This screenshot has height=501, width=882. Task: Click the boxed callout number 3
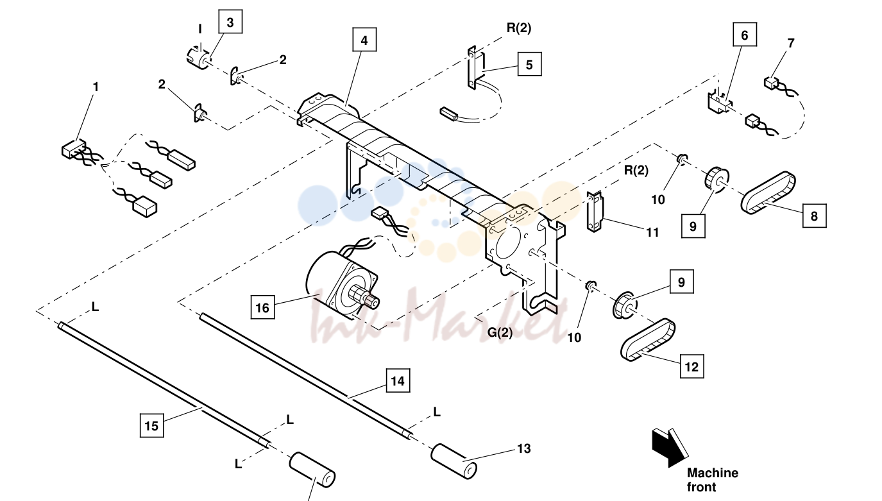point(230,22)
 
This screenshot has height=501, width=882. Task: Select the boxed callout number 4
point(364,40)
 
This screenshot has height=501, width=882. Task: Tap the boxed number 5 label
point(529,64)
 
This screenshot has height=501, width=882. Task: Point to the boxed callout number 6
point(744,35)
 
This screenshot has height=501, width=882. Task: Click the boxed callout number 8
point(814,216)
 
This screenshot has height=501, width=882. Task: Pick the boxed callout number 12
point(692,367)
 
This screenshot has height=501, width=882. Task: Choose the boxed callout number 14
point(398,380)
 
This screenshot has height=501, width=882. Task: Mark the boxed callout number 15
point(151,425)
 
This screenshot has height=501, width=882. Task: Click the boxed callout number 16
point(262,307)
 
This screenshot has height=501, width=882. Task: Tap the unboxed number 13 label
point(523,448)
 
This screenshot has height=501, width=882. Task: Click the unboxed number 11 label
point(652,232)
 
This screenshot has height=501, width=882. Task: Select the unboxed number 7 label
point(791,43)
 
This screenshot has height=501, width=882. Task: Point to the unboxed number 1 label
point(96,87)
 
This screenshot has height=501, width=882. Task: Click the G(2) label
point(500,333)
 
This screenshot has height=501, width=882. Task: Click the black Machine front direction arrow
point(670,448)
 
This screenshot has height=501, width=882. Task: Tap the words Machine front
point(712,480)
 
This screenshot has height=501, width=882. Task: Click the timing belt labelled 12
point(648,339)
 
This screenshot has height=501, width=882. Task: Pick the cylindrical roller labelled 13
point(454,461)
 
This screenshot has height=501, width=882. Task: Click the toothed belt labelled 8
point(768,192)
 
